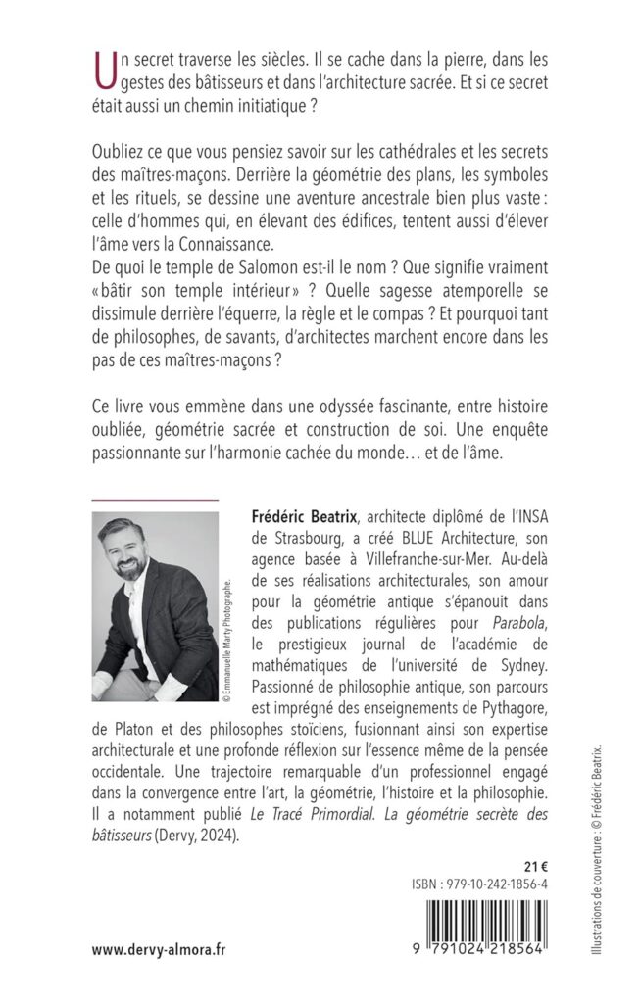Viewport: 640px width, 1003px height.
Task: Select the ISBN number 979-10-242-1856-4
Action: click(x=477, y=884)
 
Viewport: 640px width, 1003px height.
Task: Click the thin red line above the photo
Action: click(x=155, y=499)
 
